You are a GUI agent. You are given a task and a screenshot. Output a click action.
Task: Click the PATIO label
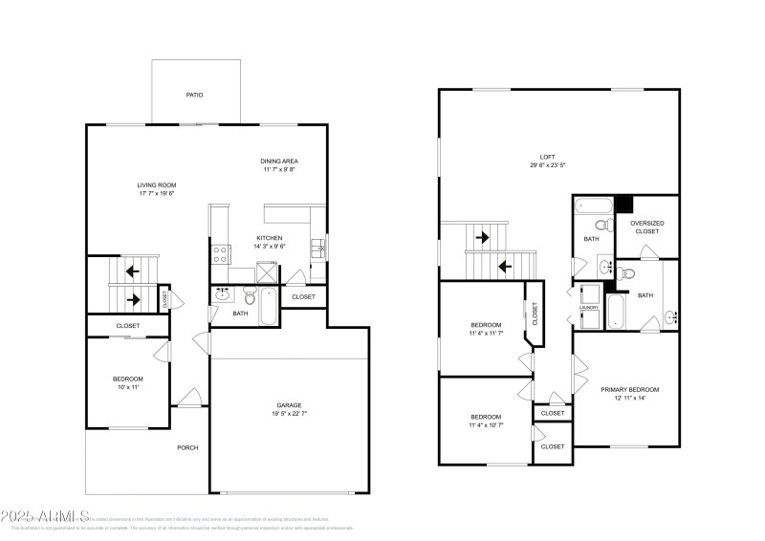point(194,95)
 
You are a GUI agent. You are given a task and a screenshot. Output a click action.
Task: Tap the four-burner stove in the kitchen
point(219,254)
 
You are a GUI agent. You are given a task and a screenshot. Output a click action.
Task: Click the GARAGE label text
point(290,404)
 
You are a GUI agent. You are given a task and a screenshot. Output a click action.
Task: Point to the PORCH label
point(187,447)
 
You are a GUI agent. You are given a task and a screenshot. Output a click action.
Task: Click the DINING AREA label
point(279,161)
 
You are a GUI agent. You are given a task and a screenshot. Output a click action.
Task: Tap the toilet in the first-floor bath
point(249,293)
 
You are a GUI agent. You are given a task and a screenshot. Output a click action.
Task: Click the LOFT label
point(547,156)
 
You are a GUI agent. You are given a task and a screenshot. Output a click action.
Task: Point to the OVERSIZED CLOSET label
point(646,227)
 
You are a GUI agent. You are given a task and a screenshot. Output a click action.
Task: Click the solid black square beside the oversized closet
point(623,204)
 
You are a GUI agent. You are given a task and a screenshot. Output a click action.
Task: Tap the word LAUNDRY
point(589,308)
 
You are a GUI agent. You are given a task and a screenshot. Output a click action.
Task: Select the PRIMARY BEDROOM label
point(629,389)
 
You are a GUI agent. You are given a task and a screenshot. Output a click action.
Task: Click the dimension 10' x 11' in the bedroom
point(128,388)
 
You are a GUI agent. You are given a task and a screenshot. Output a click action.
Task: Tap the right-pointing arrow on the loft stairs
point(483,236)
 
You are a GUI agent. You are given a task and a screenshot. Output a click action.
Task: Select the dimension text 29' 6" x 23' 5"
point(547,165)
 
